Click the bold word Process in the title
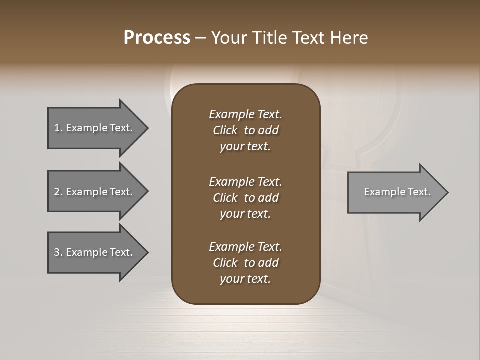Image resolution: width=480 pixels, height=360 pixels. pyautogui.click(x=157, y=38)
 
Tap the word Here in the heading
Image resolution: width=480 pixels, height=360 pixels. pyautogui.click(x=349, y=38)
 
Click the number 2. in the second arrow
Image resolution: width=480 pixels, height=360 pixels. pyautogui.click(x=58, y=192)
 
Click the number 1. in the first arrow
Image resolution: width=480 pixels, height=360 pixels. pyautogui.click(x=58, y=128)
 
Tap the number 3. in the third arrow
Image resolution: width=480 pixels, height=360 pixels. pyautogui.click(x=58, y=252)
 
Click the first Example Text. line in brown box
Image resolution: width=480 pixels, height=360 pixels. pyautogui.click(x=245, y=114)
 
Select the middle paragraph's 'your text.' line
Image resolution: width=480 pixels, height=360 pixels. pyautogui.click(x=245, y=214)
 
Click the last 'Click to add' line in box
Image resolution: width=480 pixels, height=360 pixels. pyautogui.click(x=245, y=263)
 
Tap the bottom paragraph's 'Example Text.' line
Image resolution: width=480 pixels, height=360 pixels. pyautogui.click(x=245, y=247)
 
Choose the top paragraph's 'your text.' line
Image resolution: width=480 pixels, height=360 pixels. pyautogui.click(x=245, y=147)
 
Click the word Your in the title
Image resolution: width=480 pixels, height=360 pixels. pyautogui.click(x=228, y=38)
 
